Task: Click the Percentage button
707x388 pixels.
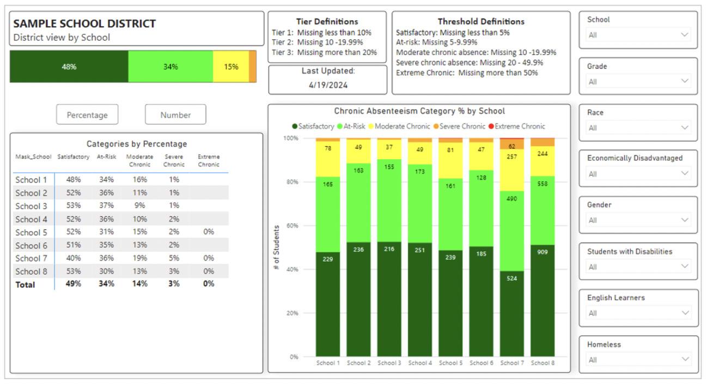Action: (x=87, y=115)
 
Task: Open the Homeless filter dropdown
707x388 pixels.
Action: (x=638, y=360)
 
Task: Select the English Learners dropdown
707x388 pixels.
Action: (x=638, y=313)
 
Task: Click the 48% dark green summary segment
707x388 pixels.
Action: (x=69, y=67)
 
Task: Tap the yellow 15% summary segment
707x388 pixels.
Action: (x=231, y=67)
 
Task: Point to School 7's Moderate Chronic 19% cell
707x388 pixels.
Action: (x=140, y=258)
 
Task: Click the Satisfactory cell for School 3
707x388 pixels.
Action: (x=73, y=206)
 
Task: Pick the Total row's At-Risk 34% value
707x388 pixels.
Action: (x=106, y=284)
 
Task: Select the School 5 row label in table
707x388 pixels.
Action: (x=32, y=232)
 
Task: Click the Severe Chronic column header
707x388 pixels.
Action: (x=174, y=161)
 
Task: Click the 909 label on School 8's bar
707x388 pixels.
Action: (x=542, y=252)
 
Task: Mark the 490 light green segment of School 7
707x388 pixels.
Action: (x=511, y=199)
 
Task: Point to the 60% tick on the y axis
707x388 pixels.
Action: (x=292, y=226)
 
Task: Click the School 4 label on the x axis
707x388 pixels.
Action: (x=420, y=363)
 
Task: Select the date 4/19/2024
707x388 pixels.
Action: (x=328, y=85)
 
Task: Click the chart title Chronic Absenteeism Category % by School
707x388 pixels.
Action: (x=419, y=111)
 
